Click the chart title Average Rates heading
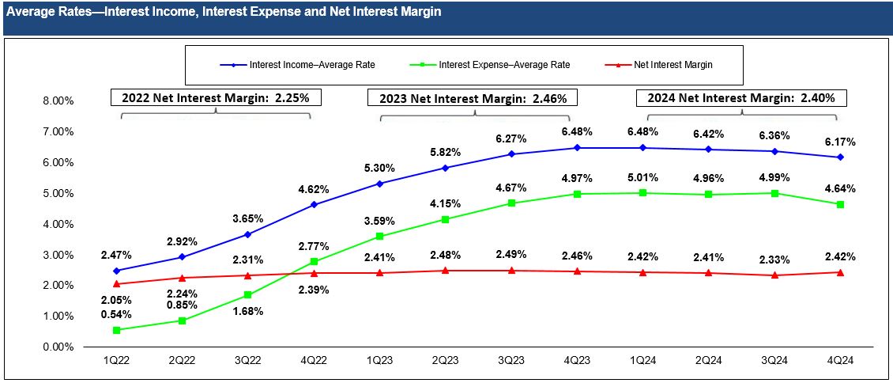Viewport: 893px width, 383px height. point(224,13)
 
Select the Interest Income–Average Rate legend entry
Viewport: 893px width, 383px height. point(311,65)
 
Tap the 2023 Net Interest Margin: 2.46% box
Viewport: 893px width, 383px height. point(472,98)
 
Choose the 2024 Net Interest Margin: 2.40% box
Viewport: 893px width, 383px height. point(741,98)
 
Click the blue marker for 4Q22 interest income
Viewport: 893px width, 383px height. point(315,204)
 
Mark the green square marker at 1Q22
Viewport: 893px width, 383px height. point(117,330)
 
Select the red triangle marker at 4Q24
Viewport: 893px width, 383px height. point(840,272)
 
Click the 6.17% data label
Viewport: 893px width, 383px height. point(840,142)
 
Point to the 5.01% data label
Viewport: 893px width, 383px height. point(643,178)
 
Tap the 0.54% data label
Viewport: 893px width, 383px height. point(117,315)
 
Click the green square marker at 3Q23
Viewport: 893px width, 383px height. point(512,203)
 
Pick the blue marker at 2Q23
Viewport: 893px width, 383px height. point(447,168)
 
